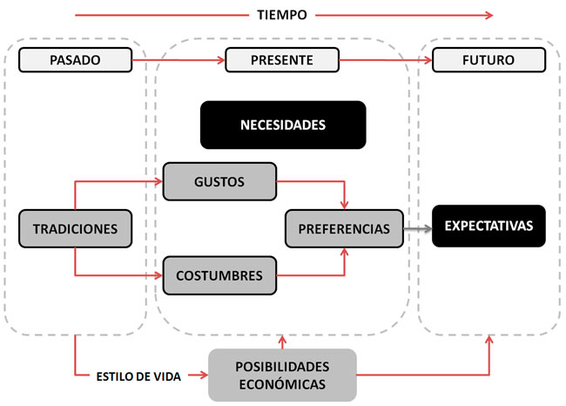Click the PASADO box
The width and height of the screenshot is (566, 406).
pos(75,60)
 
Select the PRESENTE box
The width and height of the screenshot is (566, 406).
pos(281,60)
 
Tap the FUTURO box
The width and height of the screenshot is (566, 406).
pos(489,60)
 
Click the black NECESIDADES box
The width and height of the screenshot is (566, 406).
pos(282,125)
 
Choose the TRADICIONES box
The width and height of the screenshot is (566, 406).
pos(75,228)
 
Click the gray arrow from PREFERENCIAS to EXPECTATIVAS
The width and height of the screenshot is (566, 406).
pos(417,228)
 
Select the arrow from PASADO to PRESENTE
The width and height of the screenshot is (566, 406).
pos(179,60)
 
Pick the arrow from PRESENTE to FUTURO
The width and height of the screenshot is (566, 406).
pos(386,60)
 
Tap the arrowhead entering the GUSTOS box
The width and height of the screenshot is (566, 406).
pos(159,182)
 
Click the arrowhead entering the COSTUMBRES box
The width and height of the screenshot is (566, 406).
pos(159,275)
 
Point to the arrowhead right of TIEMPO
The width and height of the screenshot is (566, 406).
pos(489,15)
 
